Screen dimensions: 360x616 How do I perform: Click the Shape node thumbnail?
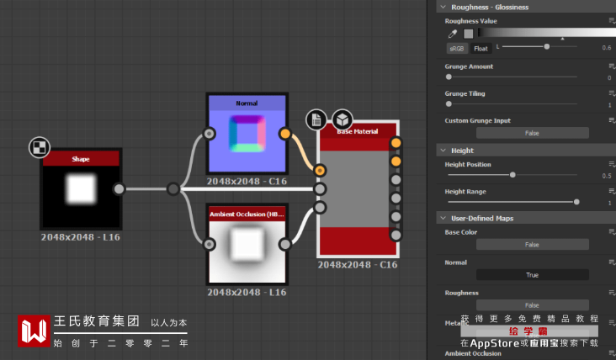click(x=81, y=189)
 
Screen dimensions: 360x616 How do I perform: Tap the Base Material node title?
click(x=357, y=132)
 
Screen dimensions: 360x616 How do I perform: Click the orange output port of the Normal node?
click(x=285, y=134)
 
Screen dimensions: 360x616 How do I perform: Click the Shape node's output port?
click(x=119, y=189)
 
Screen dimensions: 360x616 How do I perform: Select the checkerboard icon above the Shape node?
click(x=38, y=148)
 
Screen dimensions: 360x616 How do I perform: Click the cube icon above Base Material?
click(x=342, y=119)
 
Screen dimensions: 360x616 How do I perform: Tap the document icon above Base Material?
click(x=316, y=120)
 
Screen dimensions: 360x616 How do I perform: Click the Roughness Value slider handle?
click(x=547, y=47)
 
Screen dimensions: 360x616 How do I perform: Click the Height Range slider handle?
click(x=576, y=202)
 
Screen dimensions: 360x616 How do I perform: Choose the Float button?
click(x=481, y=48)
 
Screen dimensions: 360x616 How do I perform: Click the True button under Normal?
click(x=532, y=275)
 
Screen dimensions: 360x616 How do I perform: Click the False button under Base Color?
click(x=532, y=245)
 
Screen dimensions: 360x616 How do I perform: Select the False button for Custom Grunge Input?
click(x=532, y=133)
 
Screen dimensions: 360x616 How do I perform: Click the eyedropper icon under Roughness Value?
click(x=453, y=34)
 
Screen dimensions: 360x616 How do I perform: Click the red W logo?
click(x=35, y=331)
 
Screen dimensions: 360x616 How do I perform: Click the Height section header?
click(x=463, y=150)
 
